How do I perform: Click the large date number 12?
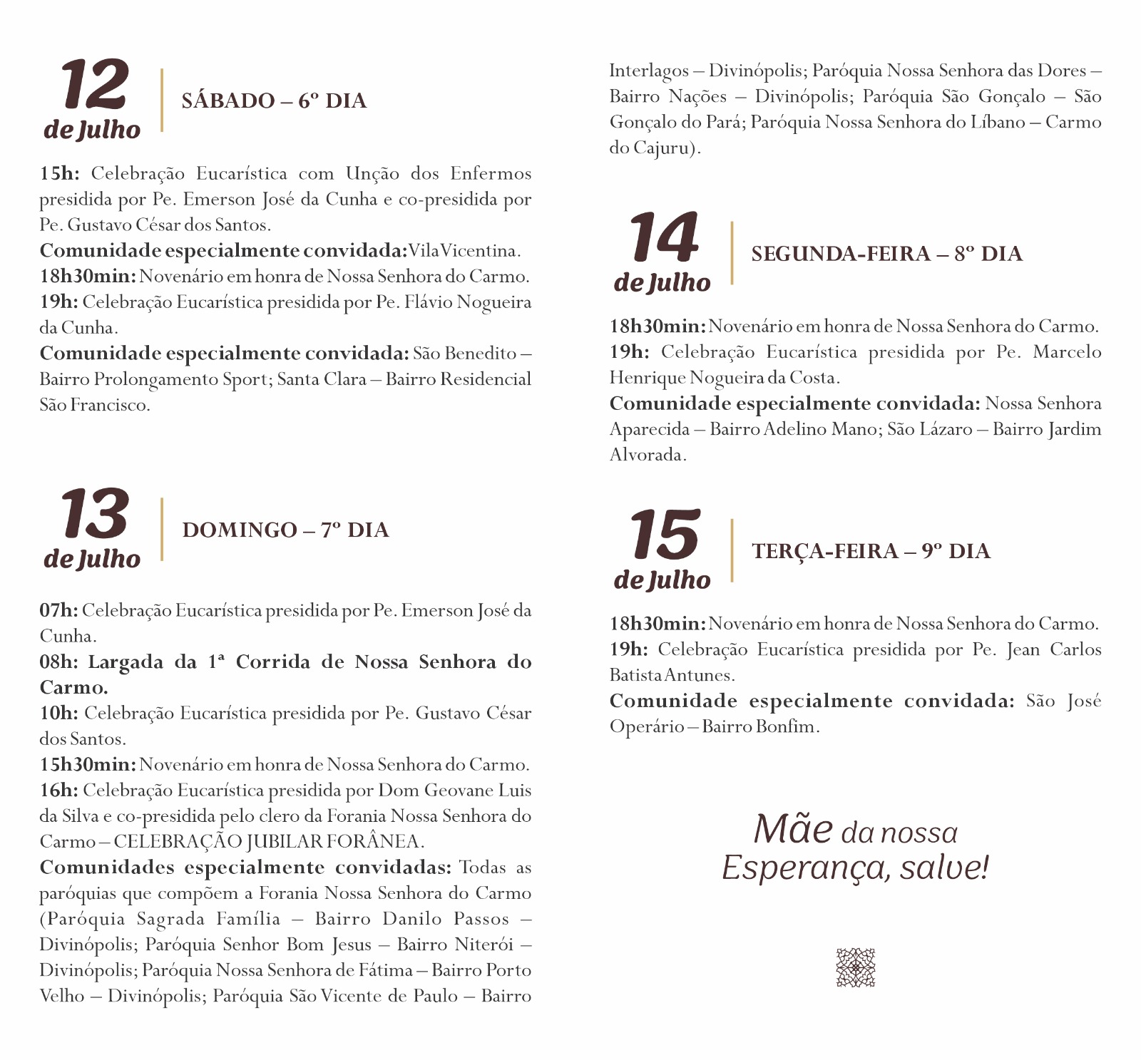click(x=94, y=85)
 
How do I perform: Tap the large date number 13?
click(x=94, y=514)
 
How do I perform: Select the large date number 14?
click(x=664, y=238)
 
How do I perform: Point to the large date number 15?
click(x=664, y=535)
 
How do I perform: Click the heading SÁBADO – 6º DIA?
click(x=274, y=101)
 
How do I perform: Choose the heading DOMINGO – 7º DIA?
click(x=285, y=530)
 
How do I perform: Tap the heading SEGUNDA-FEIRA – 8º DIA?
click(x=886, y=254)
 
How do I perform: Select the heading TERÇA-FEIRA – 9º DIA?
click(x=871, y=551)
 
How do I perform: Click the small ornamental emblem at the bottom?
click(x=855, y=967)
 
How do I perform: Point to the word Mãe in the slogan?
click(x=793, y=830)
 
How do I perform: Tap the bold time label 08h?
click(x=58, y=662)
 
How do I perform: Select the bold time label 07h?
click(x=58, y=611)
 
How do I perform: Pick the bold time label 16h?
click(x=58, y=791)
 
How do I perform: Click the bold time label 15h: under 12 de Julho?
click(x=59, y=174)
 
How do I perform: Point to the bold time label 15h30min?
click(x=87, y=765)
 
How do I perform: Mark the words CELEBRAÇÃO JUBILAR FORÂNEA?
click(x=269, y=842)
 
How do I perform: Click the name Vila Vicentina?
click(x=464, y=251)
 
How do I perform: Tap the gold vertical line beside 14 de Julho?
click(x=732, y=254)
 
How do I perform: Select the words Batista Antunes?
click(x=671, y=675)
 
